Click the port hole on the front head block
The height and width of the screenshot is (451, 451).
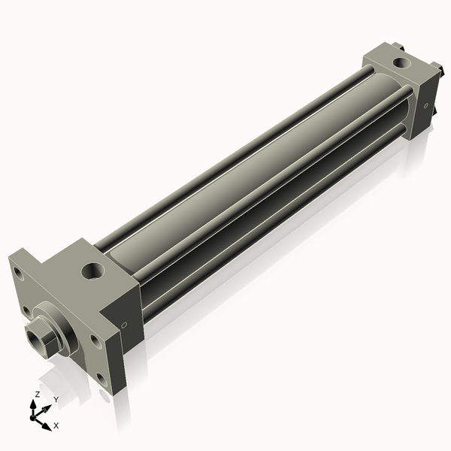point(93,271)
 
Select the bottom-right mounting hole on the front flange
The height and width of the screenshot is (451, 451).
point(101,379)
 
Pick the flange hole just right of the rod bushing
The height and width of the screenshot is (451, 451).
point(95,340)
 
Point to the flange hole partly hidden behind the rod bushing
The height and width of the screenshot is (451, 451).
point(27,311)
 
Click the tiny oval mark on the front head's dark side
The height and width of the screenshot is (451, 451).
point(124,325)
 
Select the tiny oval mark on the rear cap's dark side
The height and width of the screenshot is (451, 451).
point(426,106)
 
